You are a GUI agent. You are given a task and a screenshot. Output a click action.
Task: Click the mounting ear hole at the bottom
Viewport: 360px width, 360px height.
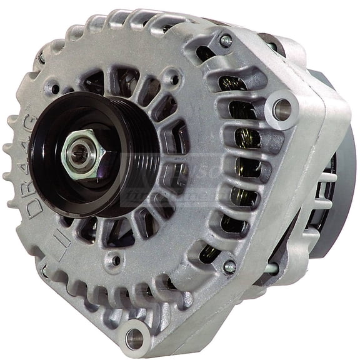coord(134,338)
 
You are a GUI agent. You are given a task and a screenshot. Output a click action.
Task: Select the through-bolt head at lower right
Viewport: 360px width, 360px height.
coord(229,266)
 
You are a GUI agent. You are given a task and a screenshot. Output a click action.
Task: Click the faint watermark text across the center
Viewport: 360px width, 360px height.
coord(181,181)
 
